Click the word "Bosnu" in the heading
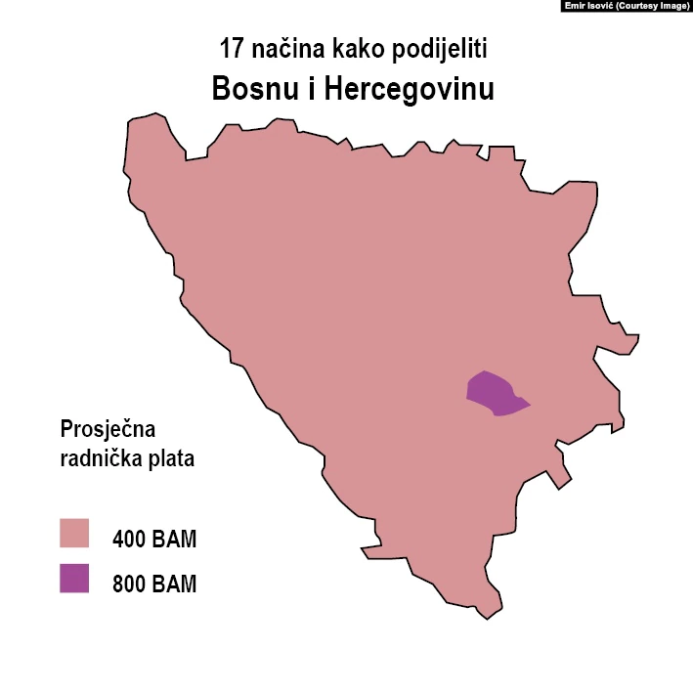(x=252, y=89)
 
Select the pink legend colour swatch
(x=74, y=534)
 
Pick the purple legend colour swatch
(x=74, y=579)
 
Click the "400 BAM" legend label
(x=154, y=539)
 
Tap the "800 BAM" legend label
(x=154, y=585)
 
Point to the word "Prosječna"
(x=108, y=429)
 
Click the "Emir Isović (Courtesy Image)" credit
(x=626, y=6)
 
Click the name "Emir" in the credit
(x=575, y=6)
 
